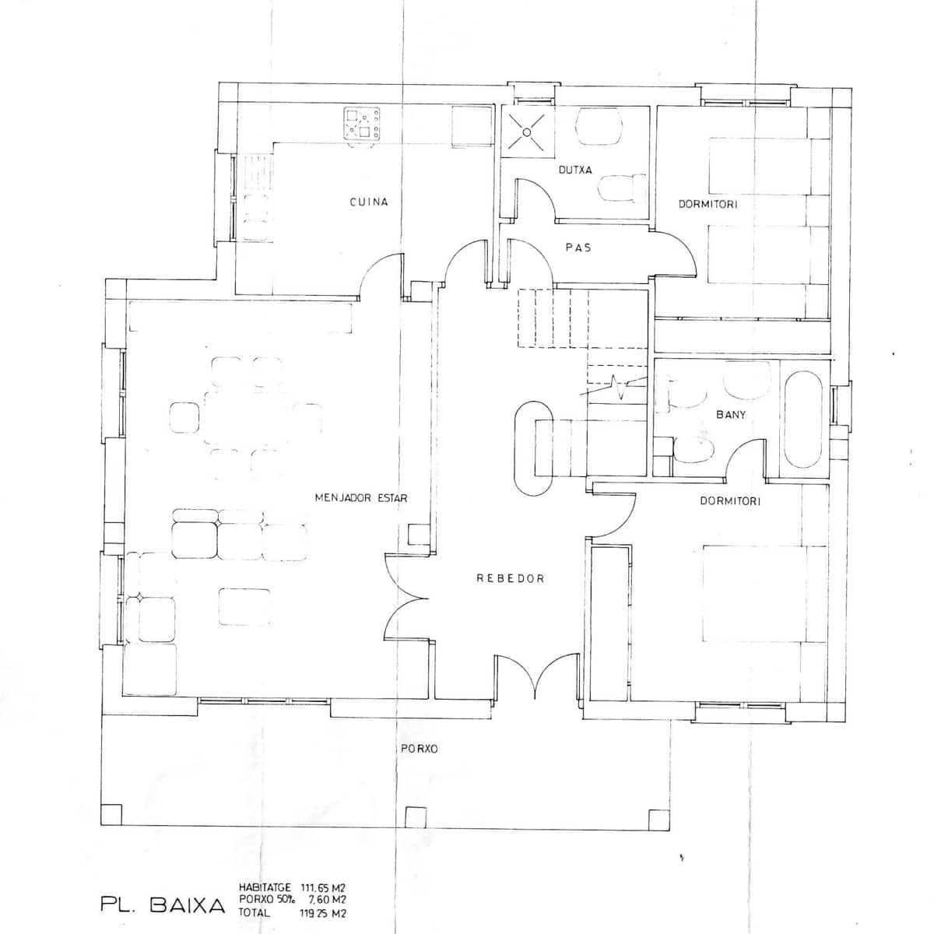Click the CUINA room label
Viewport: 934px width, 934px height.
(369, 202)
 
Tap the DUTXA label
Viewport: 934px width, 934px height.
(575, 170)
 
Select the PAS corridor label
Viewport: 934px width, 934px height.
(578, 248)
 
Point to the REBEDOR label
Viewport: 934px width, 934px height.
(511, 578)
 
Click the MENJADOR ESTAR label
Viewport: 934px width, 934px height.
(361, 498)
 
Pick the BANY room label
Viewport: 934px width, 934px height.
(731, 414)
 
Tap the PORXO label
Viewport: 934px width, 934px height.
(420, 749)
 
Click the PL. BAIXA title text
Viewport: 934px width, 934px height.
(163, 906)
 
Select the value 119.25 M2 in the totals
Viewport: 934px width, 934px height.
(323, 913)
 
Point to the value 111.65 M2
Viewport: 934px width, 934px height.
(323, 888)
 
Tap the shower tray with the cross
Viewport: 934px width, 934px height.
(528, 132)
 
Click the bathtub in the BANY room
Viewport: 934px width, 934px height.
(803, 420)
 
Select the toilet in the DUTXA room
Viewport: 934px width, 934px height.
(622, 188)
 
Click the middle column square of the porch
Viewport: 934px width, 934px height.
(416, 817)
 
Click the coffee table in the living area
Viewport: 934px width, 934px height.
(244, 607)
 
